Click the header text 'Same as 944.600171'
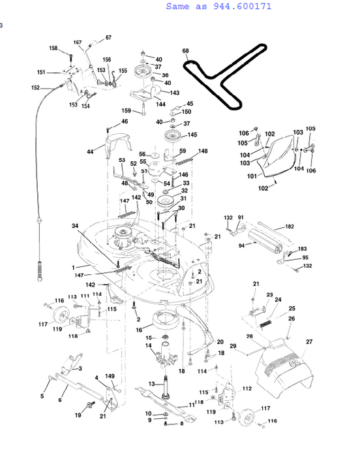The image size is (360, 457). coord(218,7)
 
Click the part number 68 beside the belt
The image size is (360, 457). coord(185,51)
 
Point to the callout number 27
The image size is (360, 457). coord(309,341)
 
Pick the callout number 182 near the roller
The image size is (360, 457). coord(289,227)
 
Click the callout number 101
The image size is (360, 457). coord(251,176)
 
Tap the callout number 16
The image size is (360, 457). coord(138,330)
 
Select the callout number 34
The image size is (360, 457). coord(76,225)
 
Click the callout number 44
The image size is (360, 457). coord(90,152)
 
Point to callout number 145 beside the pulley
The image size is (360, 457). coord(192,135)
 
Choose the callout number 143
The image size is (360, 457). coord(174,93)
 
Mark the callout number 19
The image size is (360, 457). coord(78,415)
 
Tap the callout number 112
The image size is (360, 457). coord(246,388)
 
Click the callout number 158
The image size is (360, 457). coord(53,48)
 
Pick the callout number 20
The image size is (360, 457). coord(220,341)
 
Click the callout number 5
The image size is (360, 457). coord(43,396)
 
